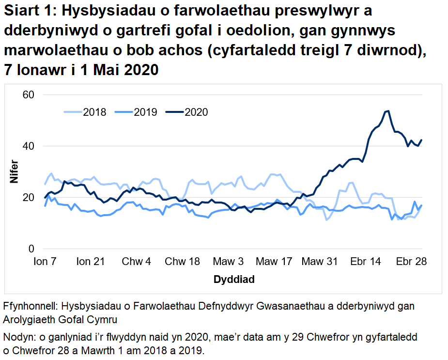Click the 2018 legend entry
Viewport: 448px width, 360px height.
tap(85, 112)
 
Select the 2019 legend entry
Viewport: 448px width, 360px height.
tap(136, 112)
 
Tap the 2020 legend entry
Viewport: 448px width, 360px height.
tap(187, 112)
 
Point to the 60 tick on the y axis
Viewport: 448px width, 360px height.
tap(29, 94)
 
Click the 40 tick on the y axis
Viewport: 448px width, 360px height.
tap(29, 146)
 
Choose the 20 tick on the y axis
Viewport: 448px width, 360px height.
tap(29, 197)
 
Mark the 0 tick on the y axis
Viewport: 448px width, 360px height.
tap(31, 249)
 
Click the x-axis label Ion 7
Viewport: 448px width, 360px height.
tap(45, 262)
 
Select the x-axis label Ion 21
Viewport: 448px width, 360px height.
tap(91, 262)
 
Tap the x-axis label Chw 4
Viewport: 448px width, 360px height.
tap(137, 262)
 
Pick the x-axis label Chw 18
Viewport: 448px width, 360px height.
tap(182, 262)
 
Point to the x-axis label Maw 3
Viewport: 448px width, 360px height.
tap(228, 262)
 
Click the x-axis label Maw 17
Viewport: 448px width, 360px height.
tap(274, 262)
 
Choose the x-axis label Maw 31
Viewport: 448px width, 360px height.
tap(320, 262)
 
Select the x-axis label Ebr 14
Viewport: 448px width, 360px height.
tap(365, 262)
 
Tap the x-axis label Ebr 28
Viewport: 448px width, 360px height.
tap(411, 262)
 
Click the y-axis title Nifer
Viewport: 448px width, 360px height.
tap(14, 172)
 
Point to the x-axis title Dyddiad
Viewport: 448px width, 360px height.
tap(234, 280)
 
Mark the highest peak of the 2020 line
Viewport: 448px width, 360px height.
tap(388, 111)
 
